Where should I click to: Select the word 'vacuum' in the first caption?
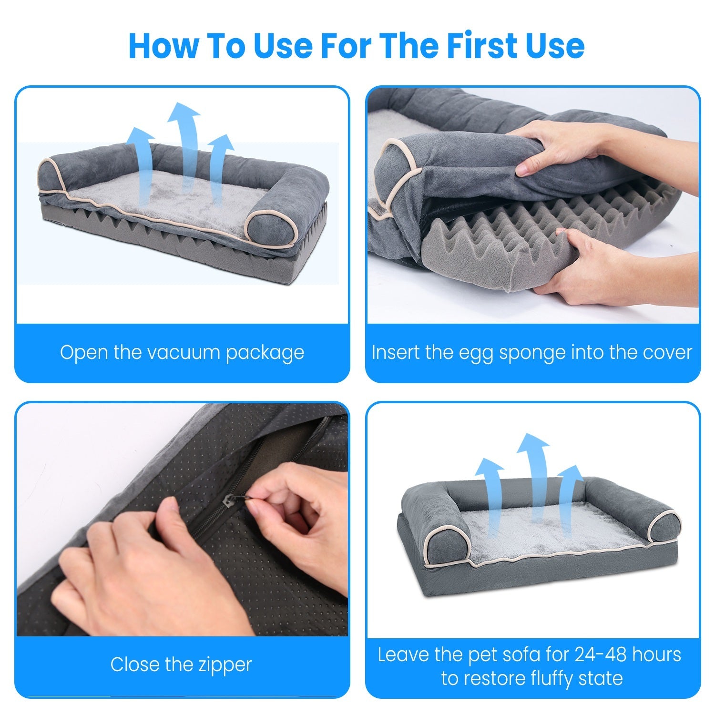point(184,353)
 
